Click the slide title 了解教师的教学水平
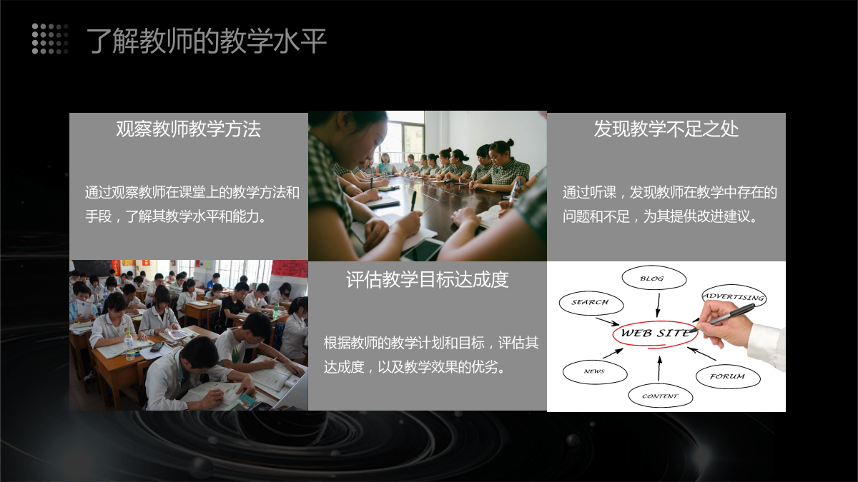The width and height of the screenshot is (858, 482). pyautogui.click(x=207, y=41)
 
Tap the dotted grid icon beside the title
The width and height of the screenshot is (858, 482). pyautogui.click(x=50, y=39)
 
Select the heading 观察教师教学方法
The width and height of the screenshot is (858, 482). pyautogui.click(x=189, y=129)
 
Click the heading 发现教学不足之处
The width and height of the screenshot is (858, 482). pyautogui.click(x=666, y=129)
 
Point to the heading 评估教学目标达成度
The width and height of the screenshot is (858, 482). pyautogui.click(x=428, y=279)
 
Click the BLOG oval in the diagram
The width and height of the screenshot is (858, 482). pyautogui.click(x=654, y=278)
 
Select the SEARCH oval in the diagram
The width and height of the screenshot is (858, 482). pyautogui.click(x=591, y=303)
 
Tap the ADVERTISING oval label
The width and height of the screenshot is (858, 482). pyautogui.click(x=734, y=297)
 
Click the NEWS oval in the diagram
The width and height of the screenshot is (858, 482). pyautogui.click(x=595, y=371)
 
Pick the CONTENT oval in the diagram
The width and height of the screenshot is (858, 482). pyautogui.click(x=661, y=396)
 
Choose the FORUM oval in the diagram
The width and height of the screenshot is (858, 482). pyautogui.click(x=728, y=376)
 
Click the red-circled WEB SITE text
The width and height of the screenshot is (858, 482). pyautogui.click(x=656, y=333)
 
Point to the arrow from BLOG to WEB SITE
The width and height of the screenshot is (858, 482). pyautogui.click(x=659, y=305)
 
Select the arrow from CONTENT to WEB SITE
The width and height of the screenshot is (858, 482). pyautogui.click(x=659, y=368)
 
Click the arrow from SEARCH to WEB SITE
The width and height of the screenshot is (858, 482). pyautogui.click(x=608, y=321)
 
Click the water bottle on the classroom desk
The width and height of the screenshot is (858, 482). pyautogui.click(x=129, y=346)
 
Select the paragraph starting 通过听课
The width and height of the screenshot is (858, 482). pyautogui.click(x=669, y=204)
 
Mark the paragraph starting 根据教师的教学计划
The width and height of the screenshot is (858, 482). pyautogui.click(x=431, y=355)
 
